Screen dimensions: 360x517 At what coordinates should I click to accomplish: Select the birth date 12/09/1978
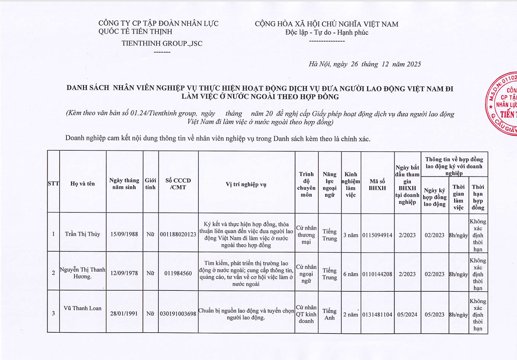[124, 273]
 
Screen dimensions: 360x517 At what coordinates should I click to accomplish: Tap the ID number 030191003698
[178, 314]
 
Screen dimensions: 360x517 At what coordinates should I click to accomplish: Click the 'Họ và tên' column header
[83, 184]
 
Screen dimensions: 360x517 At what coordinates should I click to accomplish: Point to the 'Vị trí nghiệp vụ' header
[246, 184]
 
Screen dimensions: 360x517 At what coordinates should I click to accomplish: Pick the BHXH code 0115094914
[377, 235]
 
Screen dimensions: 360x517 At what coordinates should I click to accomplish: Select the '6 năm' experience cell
[350, 274]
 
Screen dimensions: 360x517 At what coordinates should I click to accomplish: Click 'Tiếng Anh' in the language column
[329, 315]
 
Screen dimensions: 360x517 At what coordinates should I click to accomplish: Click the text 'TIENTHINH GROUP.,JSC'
[162, 44]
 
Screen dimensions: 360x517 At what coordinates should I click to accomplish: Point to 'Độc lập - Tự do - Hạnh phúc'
[327, 33]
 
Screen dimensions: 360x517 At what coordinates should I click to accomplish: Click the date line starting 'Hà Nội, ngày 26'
[364, 64]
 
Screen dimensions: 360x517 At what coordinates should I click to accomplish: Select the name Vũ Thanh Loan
[83, 309]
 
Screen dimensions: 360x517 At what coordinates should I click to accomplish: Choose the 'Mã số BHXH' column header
[377, 184]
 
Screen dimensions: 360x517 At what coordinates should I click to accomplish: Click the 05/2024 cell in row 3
[407, 315]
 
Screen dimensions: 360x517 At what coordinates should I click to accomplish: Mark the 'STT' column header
[53, 184]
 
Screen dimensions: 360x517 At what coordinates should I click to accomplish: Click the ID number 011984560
[178, 273]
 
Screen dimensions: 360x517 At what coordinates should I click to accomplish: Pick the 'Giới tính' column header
[150, 184]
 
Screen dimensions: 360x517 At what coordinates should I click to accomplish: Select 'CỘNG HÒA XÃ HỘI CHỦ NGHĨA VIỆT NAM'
[326, 24]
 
